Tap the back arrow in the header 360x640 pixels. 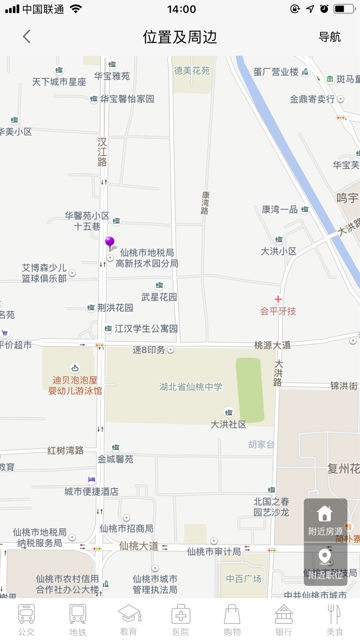(x=26, y=36)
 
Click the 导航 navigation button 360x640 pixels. (x=330, y=37)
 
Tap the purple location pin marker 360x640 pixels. (x=110, y=242)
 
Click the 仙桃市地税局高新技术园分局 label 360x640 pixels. (x=147, y=258)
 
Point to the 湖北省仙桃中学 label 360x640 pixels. (x=191, y=386)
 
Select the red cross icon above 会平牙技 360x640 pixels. (x=278, y=300)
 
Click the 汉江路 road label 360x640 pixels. (x=102, y=152)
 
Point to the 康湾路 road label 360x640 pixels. (x=205, y=203)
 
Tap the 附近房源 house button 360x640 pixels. (x=325, y=520)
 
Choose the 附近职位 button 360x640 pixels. (x=325, y=564)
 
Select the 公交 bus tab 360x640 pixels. (x=26, y=620)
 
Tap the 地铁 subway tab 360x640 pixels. (x=78, y=620)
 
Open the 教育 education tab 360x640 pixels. (x=129, y=620)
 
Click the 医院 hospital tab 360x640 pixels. (x=180, y=620)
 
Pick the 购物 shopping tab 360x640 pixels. (x=232, y=620)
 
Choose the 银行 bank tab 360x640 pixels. (x=284, y=620)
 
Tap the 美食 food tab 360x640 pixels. (x=335, y=620)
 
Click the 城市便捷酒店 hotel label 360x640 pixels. (x=91, y=491)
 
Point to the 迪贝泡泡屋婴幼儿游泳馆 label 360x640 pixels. (x=75, y=385)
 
